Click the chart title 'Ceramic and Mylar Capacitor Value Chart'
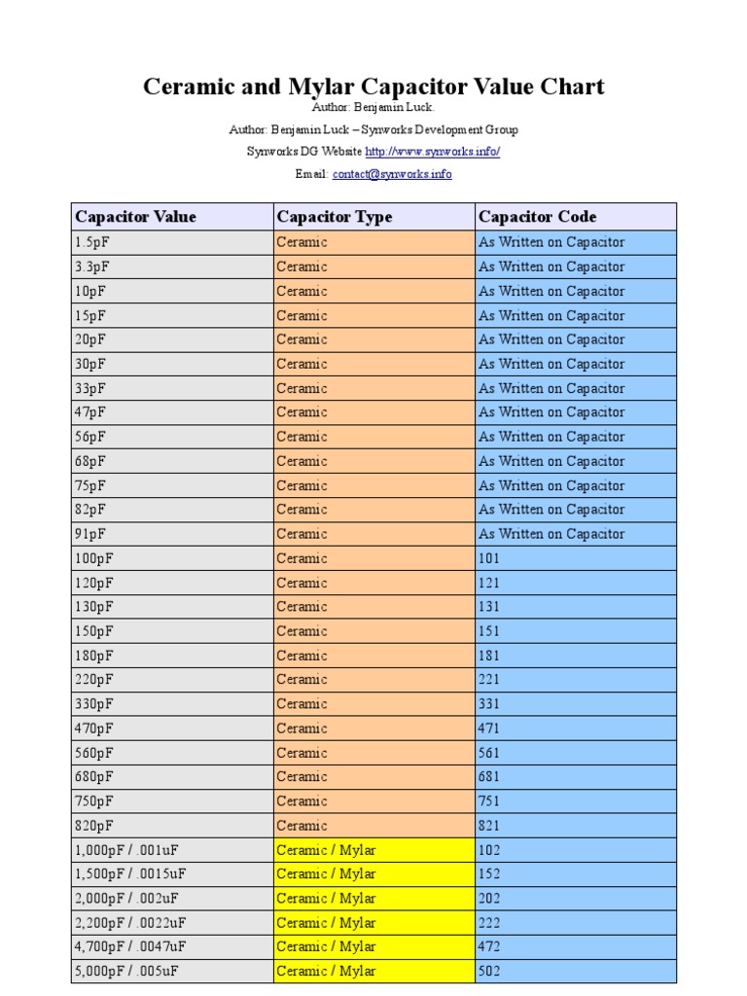pyautogui.click(x=373, y=87)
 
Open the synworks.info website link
pyautogui.click(x=432, y=152)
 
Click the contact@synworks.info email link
pyautogui.click(x=392, y=174)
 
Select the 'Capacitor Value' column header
pyautogui.click(x=135, y=217)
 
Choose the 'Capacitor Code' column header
pyautogui.click(x=537, y=217)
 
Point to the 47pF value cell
pyautogui.click(x=90, y=412)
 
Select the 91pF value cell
pyautogui.click(x=90, y=534)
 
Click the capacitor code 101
pyautogui.click(x=489, y=558)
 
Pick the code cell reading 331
pyautogui.click(x=489, y=704)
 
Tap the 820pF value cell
pyautogui.click(x=93, y=826)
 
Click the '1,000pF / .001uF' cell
pyautogui.click(x=127, y=850)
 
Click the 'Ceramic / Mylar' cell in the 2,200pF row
pyautogui.click(x=326, y=923)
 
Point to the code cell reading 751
pyautogui.click(x=489, y=801)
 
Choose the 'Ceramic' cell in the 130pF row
pyautogui.click(x=302, y=607)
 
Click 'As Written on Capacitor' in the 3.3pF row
pyautogui.click(x=551, y=267)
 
